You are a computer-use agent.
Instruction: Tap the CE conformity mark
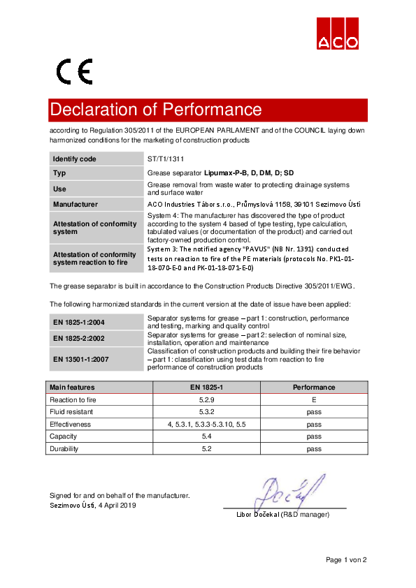[74, 71]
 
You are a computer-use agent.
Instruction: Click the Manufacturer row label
[76, 205]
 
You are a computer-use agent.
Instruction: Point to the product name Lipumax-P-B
[226, 172]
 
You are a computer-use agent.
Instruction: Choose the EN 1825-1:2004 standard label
[79, 322]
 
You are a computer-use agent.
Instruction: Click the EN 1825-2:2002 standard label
[79, 338]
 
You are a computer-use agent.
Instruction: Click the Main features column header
[72, 387]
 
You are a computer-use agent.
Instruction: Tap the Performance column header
[314, 387]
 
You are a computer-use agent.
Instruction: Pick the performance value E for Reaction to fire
[314, 399]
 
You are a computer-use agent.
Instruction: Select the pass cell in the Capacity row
[314, 436]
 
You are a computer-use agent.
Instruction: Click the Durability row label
[64, 449]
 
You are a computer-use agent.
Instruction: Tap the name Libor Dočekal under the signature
[258, 515]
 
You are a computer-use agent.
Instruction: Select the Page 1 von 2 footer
[346, 559]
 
